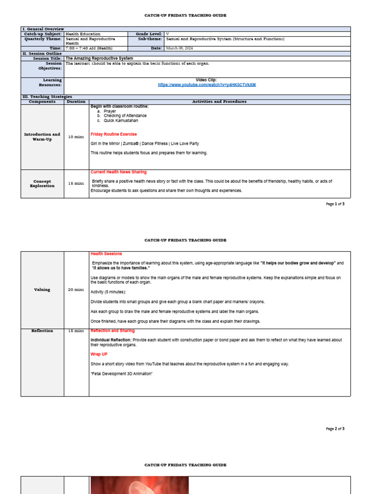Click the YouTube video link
(x=206, y=85)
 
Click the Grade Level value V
(x=167, y=34)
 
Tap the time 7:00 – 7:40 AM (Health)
(x=89, y=48)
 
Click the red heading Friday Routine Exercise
(x=114, y=134)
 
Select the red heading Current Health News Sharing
(x=118, y=172)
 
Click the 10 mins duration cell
(x=76, y=137)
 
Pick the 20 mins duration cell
(x=76, y=289)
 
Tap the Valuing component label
(x=42, y=289)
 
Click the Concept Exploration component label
(x=42, y=183)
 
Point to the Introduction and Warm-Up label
(x=42, y=137)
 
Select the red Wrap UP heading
(x=99, y=354)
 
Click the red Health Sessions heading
(x=106, y=254)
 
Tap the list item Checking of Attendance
(x=125, y=116)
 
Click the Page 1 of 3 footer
(x=335, y=204)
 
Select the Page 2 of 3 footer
(x=335, y=428)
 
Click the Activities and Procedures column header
(x=219, y=102)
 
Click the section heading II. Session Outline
(x=41, y=53)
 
